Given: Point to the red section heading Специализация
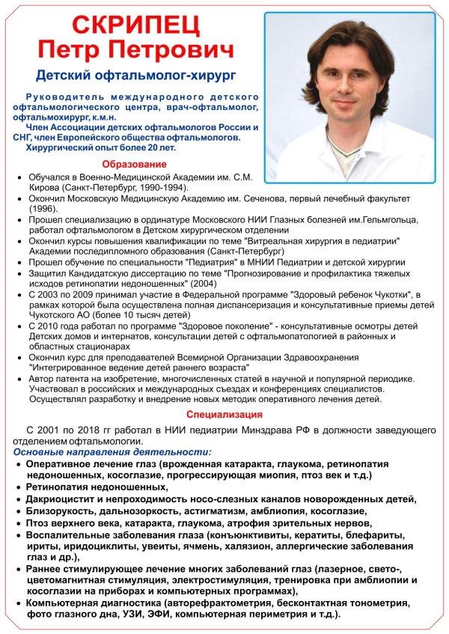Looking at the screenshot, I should pyautogui.click(x=224, y=413).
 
